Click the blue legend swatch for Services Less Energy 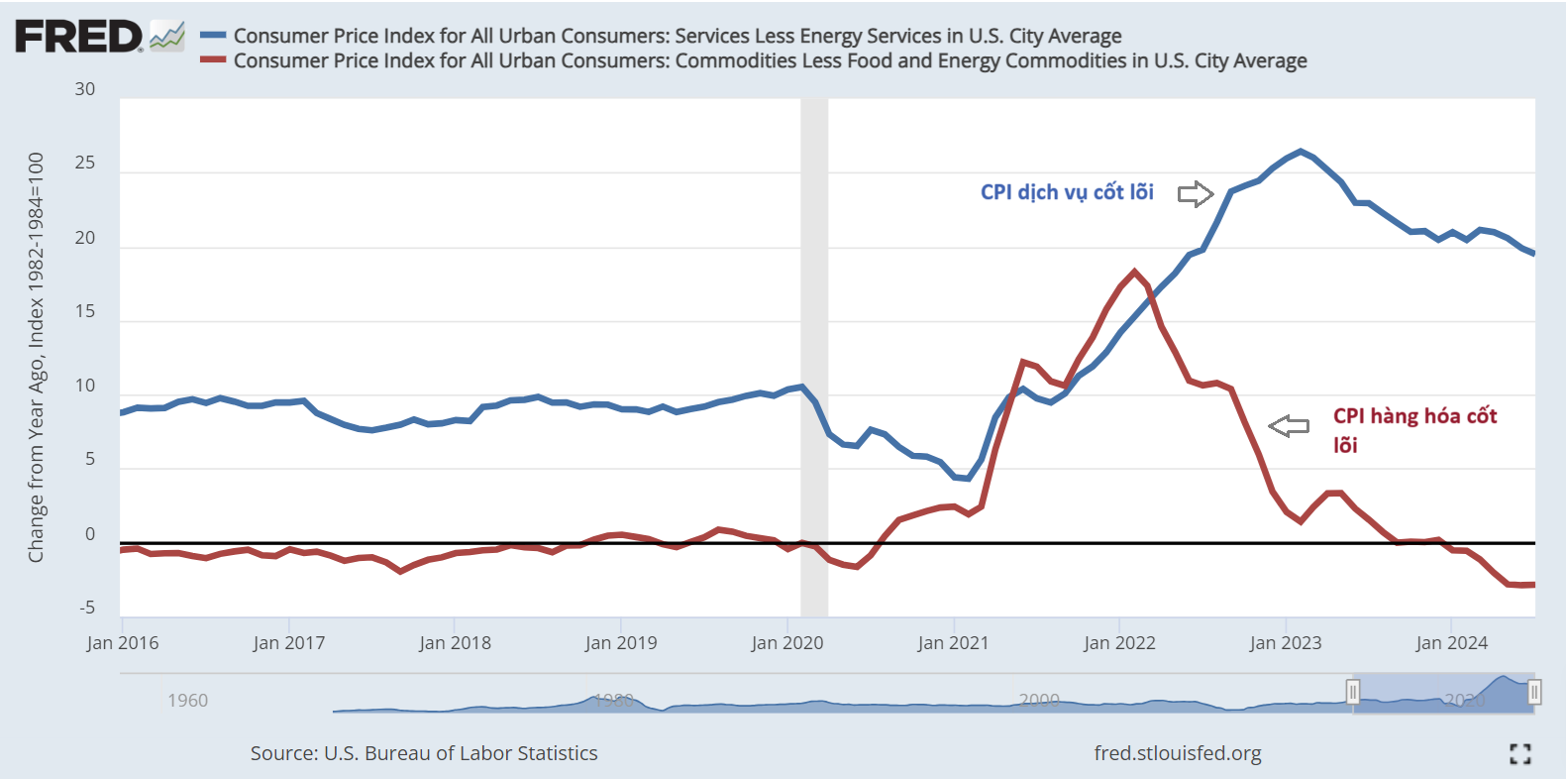coord(213,36)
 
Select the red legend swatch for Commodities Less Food coord(213,60)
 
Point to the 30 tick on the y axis coord(85,89)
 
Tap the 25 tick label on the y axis coord(85,163)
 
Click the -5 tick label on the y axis coord(87,608)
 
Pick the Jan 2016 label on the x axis coord(123,643)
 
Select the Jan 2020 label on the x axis coord(787,643)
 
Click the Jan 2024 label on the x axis coord(1452,643)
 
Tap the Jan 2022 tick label coord(1119,643)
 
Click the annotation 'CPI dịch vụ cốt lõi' coord(1067,192)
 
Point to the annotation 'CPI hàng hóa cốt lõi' coord(1414,429)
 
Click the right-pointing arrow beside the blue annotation coord(1196,193)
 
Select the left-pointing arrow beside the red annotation coord(1289,426)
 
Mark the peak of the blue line coord(1301,152)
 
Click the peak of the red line coord(1135,272)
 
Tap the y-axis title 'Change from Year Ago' coord(37,357)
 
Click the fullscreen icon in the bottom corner coord(1520,754)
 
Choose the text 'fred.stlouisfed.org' coord(1178,753)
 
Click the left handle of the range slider coord(1353,692)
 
